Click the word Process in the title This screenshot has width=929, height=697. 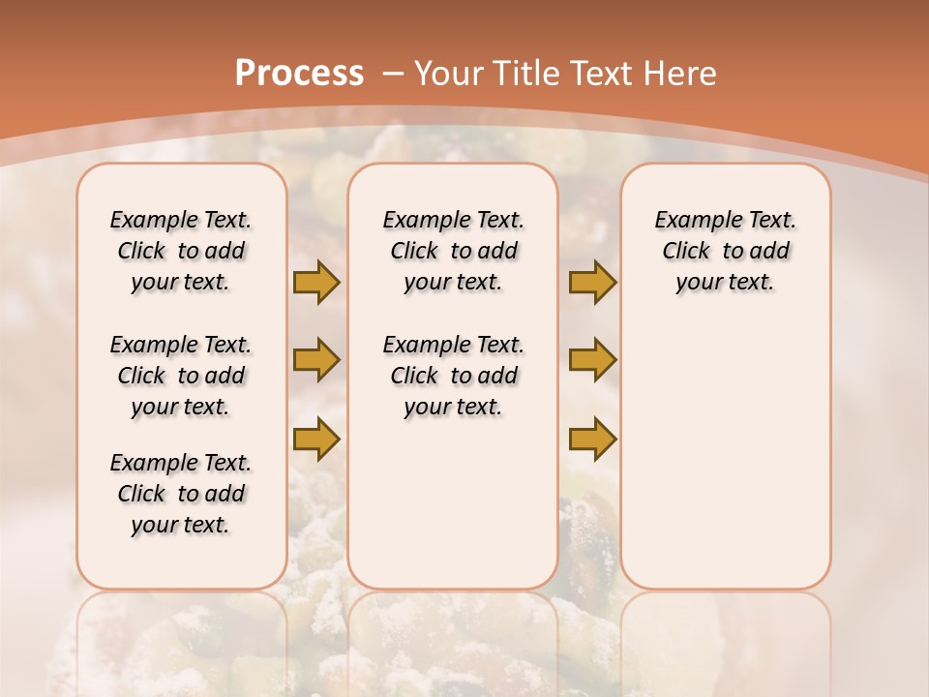[299, 73]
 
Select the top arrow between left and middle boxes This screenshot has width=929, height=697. [316, 282]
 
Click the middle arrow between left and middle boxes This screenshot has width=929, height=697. [316, 360]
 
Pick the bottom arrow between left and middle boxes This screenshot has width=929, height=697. [316, 439]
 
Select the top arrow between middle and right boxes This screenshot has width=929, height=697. [592, 282]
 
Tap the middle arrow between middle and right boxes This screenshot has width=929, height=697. [592, 360]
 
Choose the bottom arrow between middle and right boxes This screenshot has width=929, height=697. [592, 439]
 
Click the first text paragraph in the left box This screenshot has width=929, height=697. [181, 251]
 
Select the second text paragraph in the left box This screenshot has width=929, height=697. [181, 376]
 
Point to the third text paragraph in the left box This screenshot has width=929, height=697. [181, 494]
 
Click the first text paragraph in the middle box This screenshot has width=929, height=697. [453, 251]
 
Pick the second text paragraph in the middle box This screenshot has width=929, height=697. [453, 376]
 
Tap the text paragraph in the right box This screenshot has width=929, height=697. [726, 251]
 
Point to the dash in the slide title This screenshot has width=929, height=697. [393, 73]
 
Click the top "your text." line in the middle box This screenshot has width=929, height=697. [453, 283]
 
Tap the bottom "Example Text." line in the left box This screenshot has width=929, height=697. [181, 463]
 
